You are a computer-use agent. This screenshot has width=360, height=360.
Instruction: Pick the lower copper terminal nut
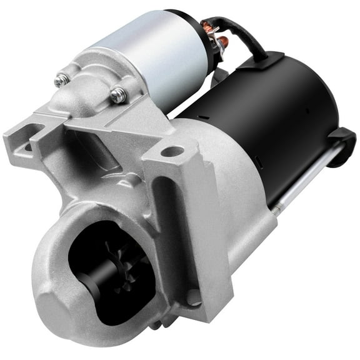click(221, 42)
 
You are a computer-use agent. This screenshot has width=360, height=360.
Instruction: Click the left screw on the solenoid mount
click(61, 80)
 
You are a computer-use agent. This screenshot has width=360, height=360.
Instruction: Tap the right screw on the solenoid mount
click(117, 94)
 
